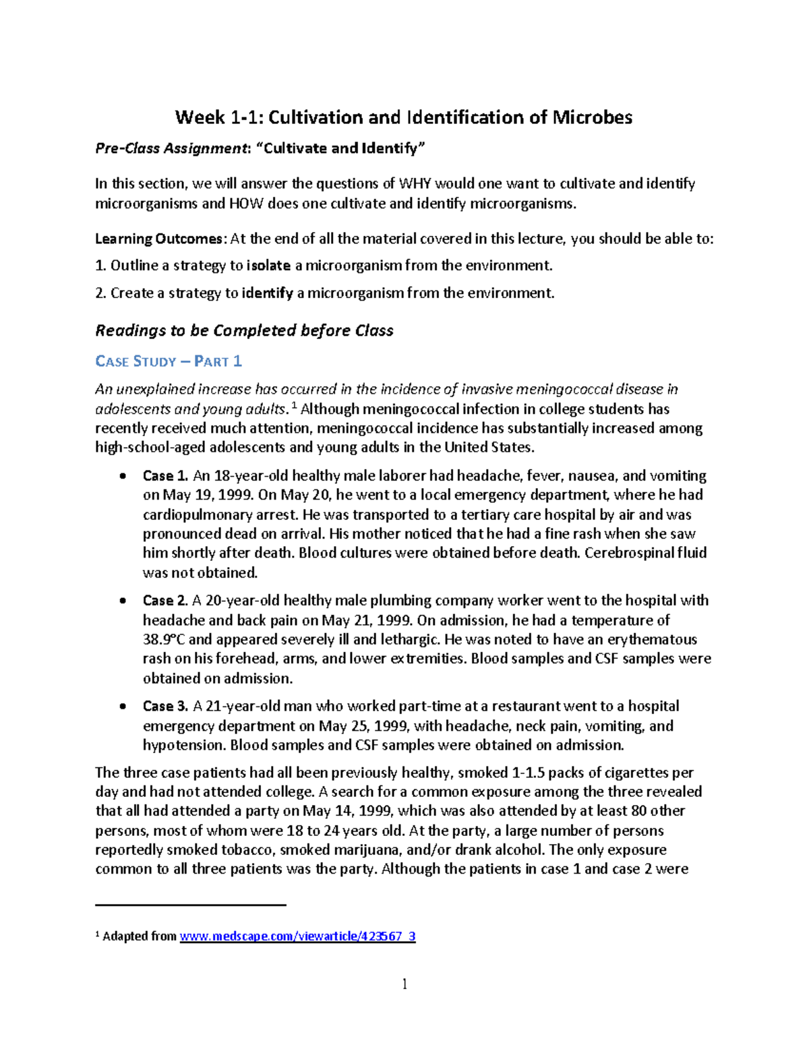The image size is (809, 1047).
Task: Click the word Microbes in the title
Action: [592, 117]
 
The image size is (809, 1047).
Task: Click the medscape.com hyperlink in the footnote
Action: [297, 936]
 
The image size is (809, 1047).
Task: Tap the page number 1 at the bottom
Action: [404, 984]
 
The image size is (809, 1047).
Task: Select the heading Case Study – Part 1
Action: [169, 361]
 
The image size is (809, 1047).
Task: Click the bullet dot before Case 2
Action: [122, 601]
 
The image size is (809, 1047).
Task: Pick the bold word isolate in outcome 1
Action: [268, 266]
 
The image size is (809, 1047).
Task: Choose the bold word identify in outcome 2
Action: [267, 293]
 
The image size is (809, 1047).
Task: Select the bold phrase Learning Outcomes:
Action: [159, 239]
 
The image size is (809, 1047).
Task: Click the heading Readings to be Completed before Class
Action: [244, 330]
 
